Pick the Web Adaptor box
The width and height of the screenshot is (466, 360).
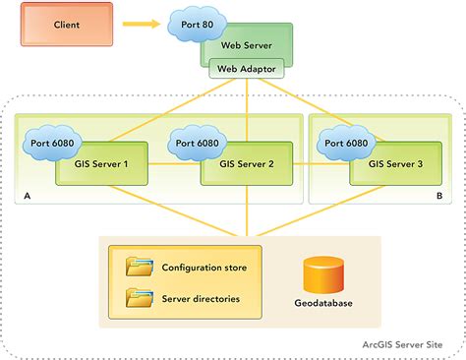tap(246, 68)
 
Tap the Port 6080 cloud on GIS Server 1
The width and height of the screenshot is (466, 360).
tap(49, 143)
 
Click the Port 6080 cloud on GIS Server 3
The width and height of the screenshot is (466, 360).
tap(345, 143)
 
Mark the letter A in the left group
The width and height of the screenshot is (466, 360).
tap(24, 197)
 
